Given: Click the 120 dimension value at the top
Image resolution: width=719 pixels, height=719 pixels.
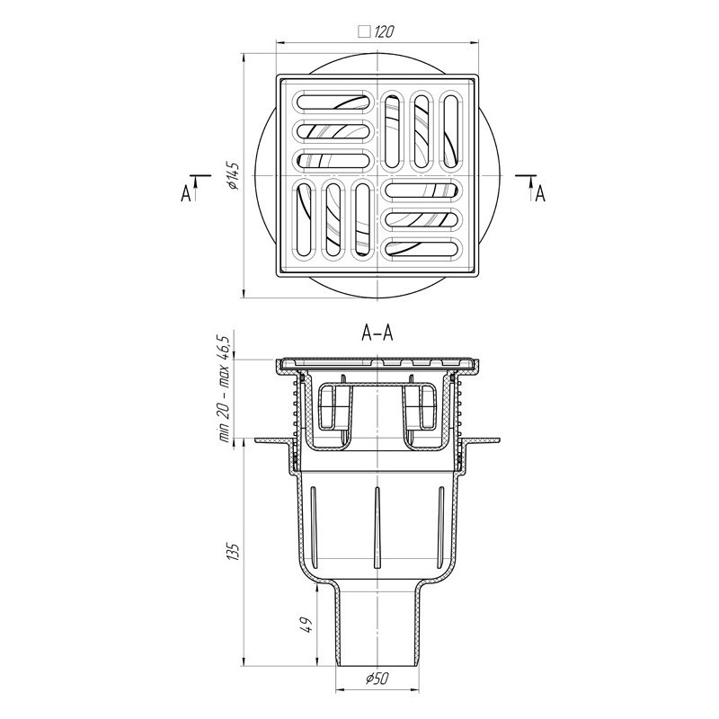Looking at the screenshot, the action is [x=385, y=31].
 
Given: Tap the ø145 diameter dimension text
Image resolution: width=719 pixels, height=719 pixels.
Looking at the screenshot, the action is [x=233, y=175].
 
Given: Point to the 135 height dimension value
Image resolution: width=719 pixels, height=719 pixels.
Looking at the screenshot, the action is [x=234, y=552].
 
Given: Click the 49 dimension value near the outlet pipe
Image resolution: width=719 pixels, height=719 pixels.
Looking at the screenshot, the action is [x=307, y=625].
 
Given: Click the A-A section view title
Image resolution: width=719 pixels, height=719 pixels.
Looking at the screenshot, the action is [x=377, y=333].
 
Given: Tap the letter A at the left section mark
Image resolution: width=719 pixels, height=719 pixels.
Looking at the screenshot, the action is [x=186, y=194].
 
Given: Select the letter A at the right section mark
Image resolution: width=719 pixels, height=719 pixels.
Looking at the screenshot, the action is [x=541, y=194].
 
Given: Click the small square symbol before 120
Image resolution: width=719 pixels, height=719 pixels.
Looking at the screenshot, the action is [x=365, y=31].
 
